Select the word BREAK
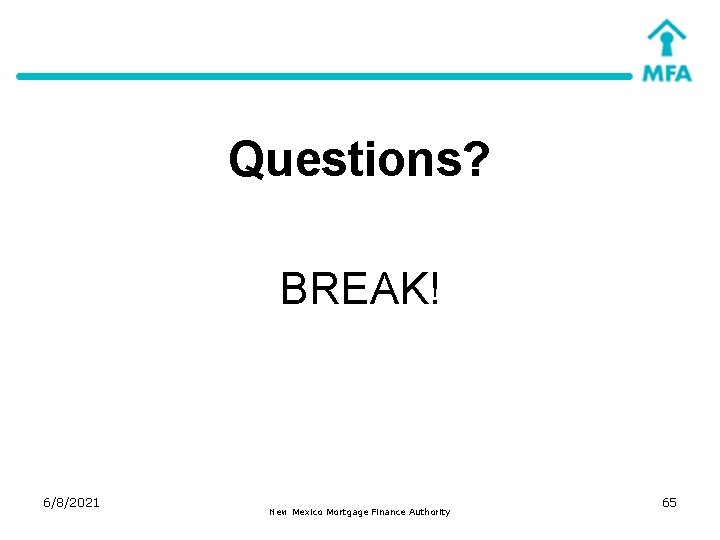tap(352, 290)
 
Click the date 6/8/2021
tap(71, 502)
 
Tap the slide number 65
tap(669, 502)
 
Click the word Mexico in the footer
tap(311, 512)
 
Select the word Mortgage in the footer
tap(355, 512)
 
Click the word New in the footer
tap(278, 512)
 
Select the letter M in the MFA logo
tap(651, 73)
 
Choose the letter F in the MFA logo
tap(668, 73)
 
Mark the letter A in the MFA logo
tap(682, 73)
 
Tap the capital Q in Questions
tap(246, 159)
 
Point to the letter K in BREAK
tap(413, 290)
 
